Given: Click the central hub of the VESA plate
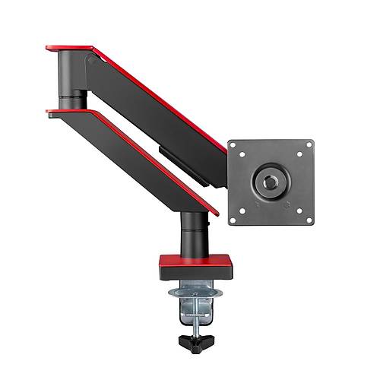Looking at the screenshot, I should click(271, 182).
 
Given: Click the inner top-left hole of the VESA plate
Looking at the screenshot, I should click(243, 154).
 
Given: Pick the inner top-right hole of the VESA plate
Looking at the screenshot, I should click(299, 154).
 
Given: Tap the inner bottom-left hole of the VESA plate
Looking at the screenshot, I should click(243, 211).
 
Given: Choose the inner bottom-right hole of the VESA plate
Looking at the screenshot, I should click(299, 211).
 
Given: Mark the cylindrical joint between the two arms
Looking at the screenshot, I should click(74, 100).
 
